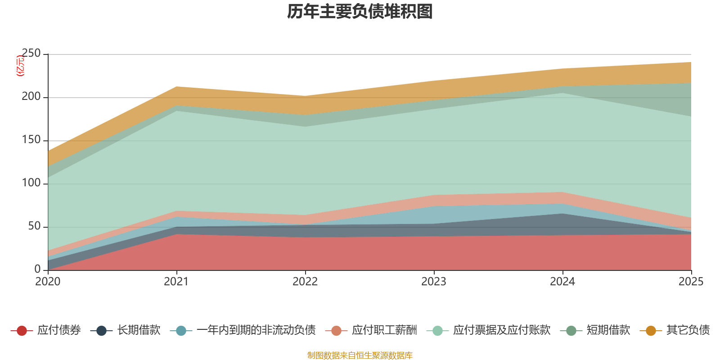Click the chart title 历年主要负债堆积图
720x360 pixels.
click(x=360, y=12)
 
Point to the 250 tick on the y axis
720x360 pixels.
click(x=31, y=54)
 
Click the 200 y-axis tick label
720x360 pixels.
click(x=31, y=97)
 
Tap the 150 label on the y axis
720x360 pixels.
click(x=31, y=140)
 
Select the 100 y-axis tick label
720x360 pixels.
click(x=31, y=183)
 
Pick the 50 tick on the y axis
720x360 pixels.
click(x=34, y=226)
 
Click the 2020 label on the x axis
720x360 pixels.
click(x=48, y=282)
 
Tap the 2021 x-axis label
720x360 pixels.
click(x=176, y=282)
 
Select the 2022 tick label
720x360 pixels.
click(x=305, y=282)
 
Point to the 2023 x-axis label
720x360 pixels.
click(x=434, y=282)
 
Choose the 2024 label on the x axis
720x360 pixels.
click(x=562, y=282)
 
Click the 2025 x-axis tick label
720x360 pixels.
click(x=691, y=282)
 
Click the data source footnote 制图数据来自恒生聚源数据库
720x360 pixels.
click(x=360, y=355)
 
